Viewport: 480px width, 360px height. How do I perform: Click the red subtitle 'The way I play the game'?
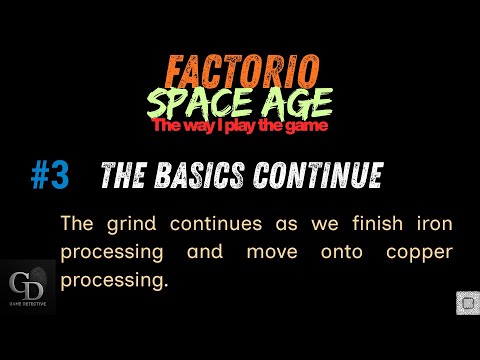[239, 126]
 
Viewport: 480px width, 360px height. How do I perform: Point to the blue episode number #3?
[49, 176]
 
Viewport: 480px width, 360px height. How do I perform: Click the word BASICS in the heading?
[200, 176]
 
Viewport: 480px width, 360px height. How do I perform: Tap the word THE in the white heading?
[125, 176]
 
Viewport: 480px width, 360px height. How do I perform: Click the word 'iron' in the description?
[433, 222]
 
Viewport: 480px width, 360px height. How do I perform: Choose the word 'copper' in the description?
[419, 252]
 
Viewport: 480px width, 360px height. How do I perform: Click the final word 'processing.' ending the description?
[111, 282]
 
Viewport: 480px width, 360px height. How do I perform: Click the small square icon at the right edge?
[465, 302]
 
